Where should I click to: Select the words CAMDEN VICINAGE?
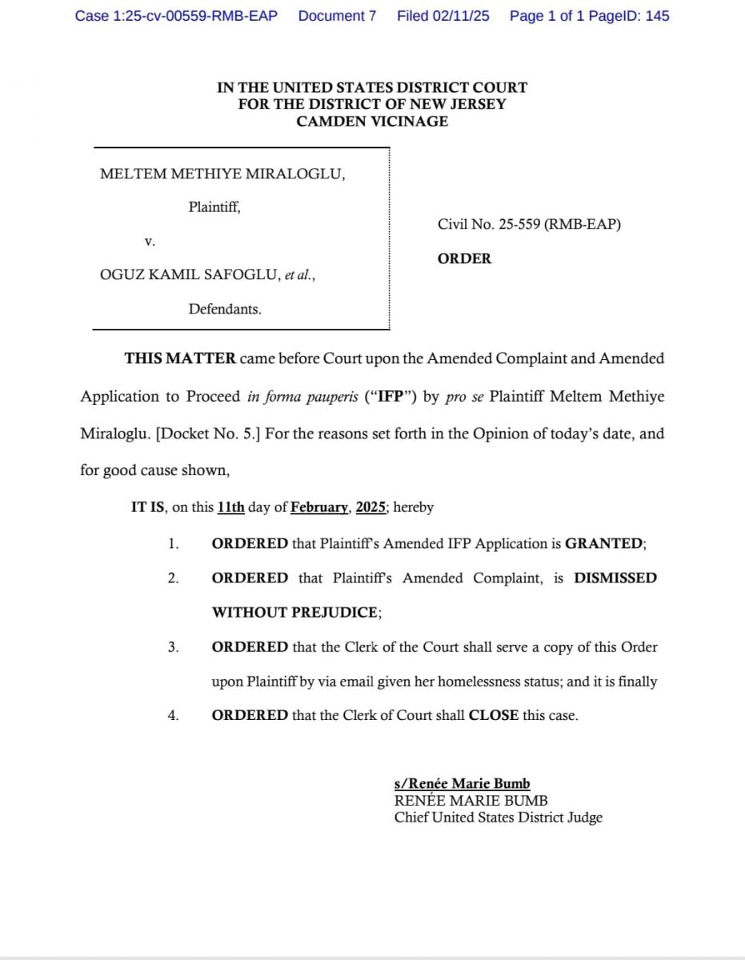coord(372,122)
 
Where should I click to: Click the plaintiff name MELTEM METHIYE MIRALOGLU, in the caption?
coord(222,174)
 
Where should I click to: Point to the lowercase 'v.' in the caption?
coord(150,240)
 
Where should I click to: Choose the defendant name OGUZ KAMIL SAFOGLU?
coord(190,275)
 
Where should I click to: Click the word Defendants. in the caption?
coord(225,309)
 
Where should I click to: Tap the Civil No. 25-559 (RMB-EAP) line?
coord(529,225)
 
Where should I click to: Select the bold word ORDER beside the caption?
coord(464,259)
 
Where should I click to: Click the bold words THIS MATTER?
coord(180,358)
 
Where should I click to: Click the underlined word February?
coord(319,507)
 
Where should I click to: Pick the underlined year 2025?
coord(370,507)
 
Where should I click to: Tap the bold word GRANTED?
coord(603,543)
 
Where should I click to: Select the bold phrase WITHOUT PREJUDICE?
coord(294,613)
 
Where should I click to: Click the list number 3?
coord(173,647)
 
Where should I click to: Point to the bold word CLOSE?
coord(493,715)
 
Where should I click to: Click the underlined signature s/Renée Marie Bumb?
coord(462,784)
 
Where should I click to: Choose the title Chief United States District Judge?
coord(498,818)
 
